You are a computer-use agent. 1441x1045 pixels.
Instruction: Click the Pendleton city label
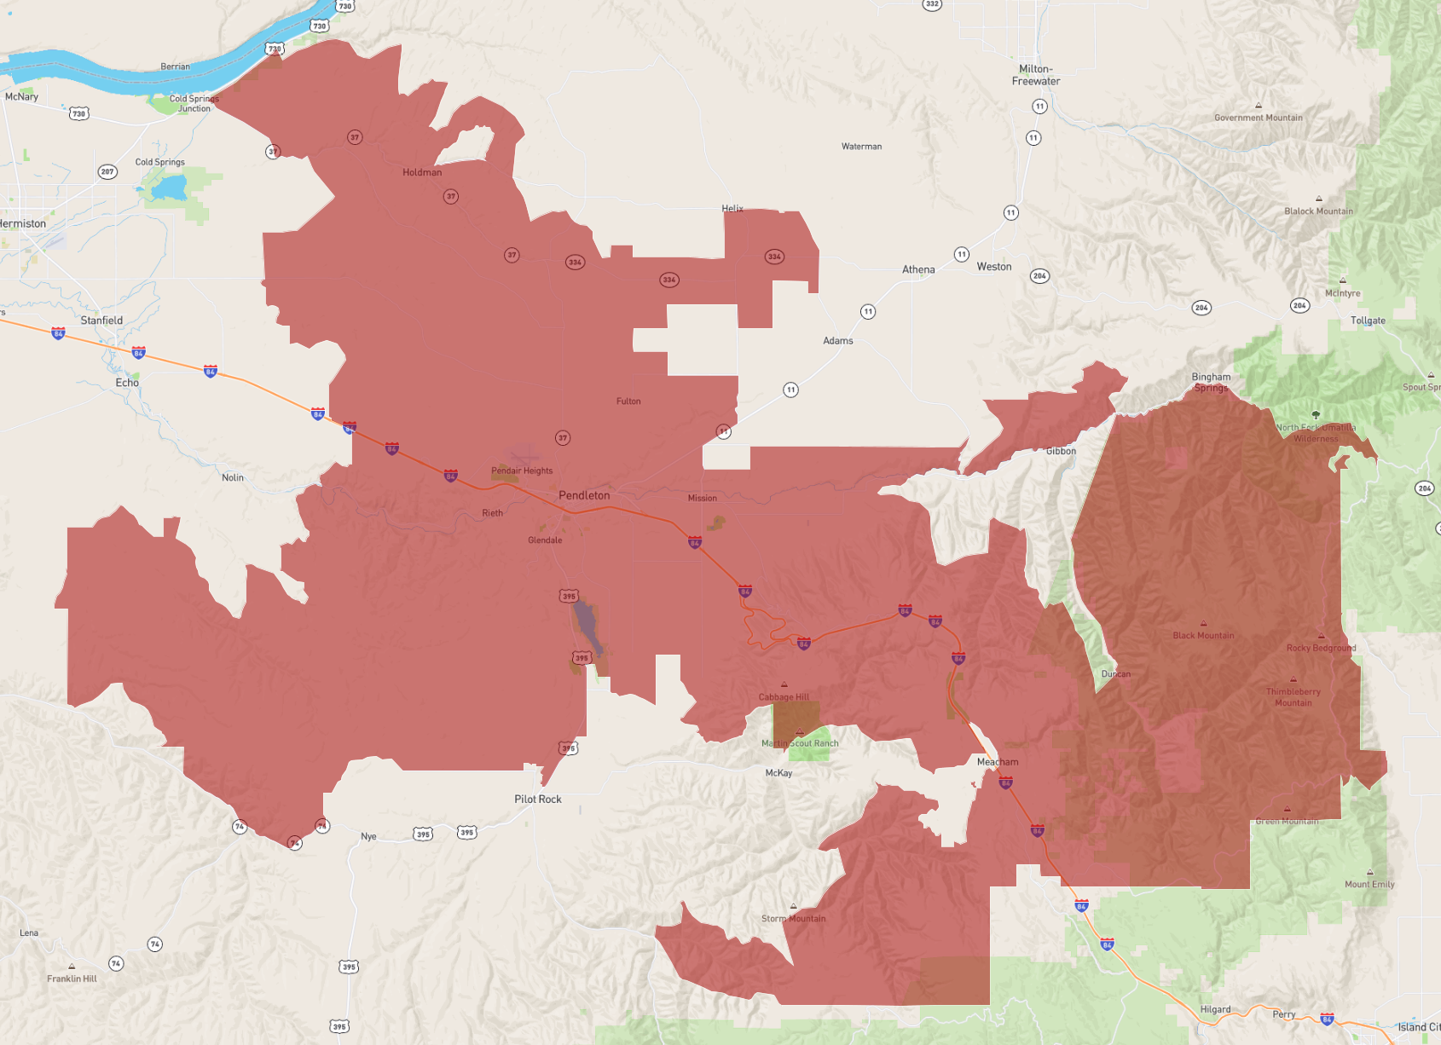point(584,495)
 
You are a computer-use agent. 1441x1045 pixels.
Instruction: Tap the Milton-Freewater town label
point(1036,75)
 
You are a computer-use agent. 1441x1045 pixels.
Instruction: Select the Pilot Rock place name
point(537,799)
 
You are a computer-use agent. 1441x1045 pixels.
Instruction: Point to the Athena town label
point(918,269)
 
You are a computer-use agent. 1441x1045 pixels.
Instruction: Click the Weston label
point(994,267)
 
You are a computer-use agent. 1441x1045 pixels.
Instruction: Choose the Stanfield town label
point(101,320)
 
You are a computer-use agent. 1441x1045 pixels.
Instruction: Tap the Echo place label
point(127,383)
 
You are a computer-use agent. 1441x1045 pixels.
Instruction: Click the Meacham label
point(998,762)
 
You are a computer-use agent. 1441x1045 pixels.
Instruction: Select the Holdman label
point(422,172)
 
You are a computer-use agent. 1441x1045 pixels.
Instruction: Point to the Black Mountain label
point(1203,635)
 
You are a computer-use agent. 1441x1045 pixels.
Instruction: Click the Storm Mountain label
point(793,919)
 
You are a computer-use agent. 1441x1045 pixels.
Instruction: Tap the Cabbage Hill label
point(784,696)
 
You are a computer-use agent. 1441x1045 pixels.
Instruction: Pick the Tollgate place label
point(1368,320)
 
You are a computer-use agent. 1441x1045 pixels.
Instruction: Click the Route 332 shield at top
point(932,4)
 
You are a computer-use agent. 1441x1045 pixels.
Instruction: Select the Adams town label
point(837,340)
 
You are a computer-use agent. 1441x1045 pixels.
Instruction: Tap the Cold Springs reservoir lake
point(168,188)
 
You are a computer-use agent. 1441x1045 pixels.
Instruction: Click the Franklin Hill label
point(72,979)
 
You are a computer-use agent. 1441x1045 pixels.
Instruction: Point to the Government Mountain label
point(1258,118)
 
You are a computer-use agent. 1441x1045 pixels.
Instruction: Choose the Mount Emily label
point(1369,884)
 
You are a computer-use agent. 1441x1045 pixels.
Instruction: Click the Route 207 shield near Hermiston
point(107,171)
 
